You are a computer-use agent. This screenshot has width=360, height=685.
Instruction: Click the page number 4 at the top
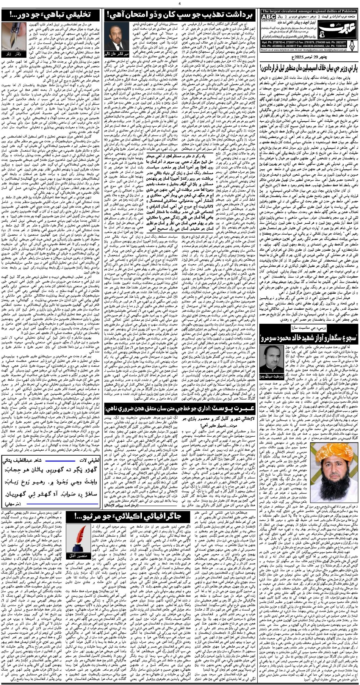[180, 3]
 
